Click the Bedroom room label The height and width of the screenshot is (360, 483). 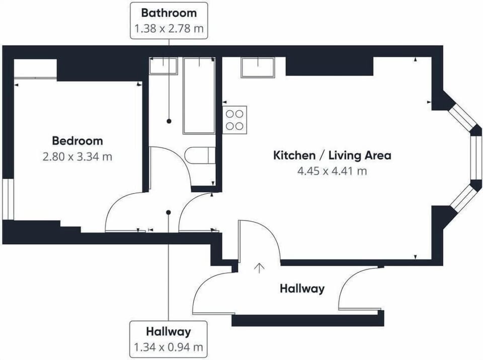coord(77,141)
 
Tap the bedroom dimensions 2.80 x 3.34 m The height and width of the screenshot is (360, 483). coord(77,157)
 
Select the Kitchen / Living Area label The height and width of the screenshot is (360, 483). coord(332,155)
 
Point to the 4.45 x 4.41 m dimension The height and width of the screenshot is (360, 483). coord(332,171)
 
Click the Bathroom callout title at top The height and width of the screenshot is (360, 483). coord(169,13)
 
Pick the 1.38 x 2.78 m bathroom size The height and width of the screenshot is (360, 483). coord(169,29)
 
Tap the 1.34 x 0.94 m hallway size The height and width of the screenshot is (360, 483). coord(169,347)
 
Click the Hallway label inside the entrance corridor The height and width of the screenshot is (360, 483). coord(302,289)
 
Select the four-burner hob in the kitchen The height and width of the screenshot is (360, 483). coord(235,120)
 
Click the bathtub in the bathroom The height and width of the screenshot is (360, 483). coord(199,96)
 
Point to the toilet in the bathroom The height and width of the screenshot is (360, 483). coord(200,156)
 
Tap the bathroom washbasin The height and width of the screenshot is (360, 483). coord(163,66)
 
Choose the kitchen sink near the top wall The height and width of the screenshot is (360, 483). coord(258,68)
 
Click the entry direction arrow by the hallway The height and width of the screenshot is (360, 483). coord(260,268)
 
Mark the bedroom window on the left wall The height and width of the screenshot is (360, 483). coord(9,199)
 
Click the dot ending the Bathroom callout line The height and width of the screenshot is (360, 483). coord(169,121)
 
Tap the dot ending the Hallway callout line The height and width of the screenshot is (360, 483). coord(168,212)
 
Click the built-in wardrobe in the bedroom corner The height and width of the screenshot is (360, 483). coord(35,69)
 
